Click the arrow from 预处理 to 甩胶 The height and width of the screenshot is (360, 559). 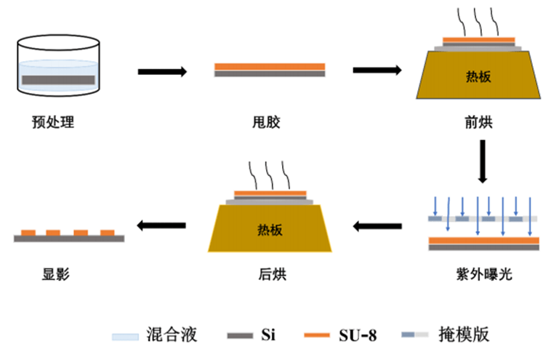(x=163, y=71)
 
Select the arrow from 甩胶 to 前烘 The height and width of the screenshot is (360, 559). (x=377, y=71)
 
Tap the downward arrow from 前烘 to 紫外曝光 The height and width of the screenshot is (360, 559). (x=481, y=161)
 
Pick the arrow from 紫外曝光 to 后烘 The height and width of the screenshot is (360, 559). (x=377, y=226)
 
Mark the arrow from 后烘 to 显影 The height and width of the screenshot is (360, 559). (x=163, y=226)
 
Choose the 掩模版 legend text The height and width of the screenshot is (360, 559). (x=466, y=335)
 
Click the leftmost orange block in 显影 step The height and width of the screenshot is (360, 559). (x=28, y=233)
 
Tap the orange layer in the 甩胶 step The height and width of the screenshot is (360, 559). (x=269, y=66)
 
